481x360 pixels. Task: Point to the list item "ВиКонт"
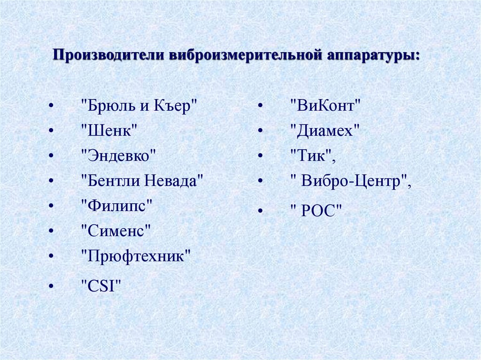(325, 106)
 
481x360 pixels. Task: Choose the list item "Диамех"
(325, 130)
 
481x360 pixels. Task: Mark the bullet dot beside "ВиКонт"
(259, 106)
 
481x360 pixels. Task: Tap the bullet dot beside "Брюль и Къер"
(50, 106)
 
